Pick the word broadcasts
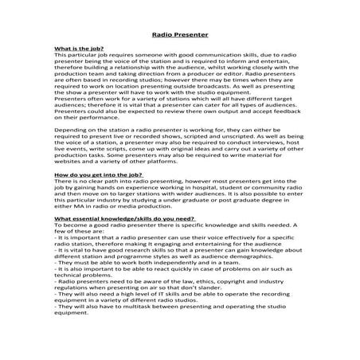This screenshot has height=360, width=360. [219, 109]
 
